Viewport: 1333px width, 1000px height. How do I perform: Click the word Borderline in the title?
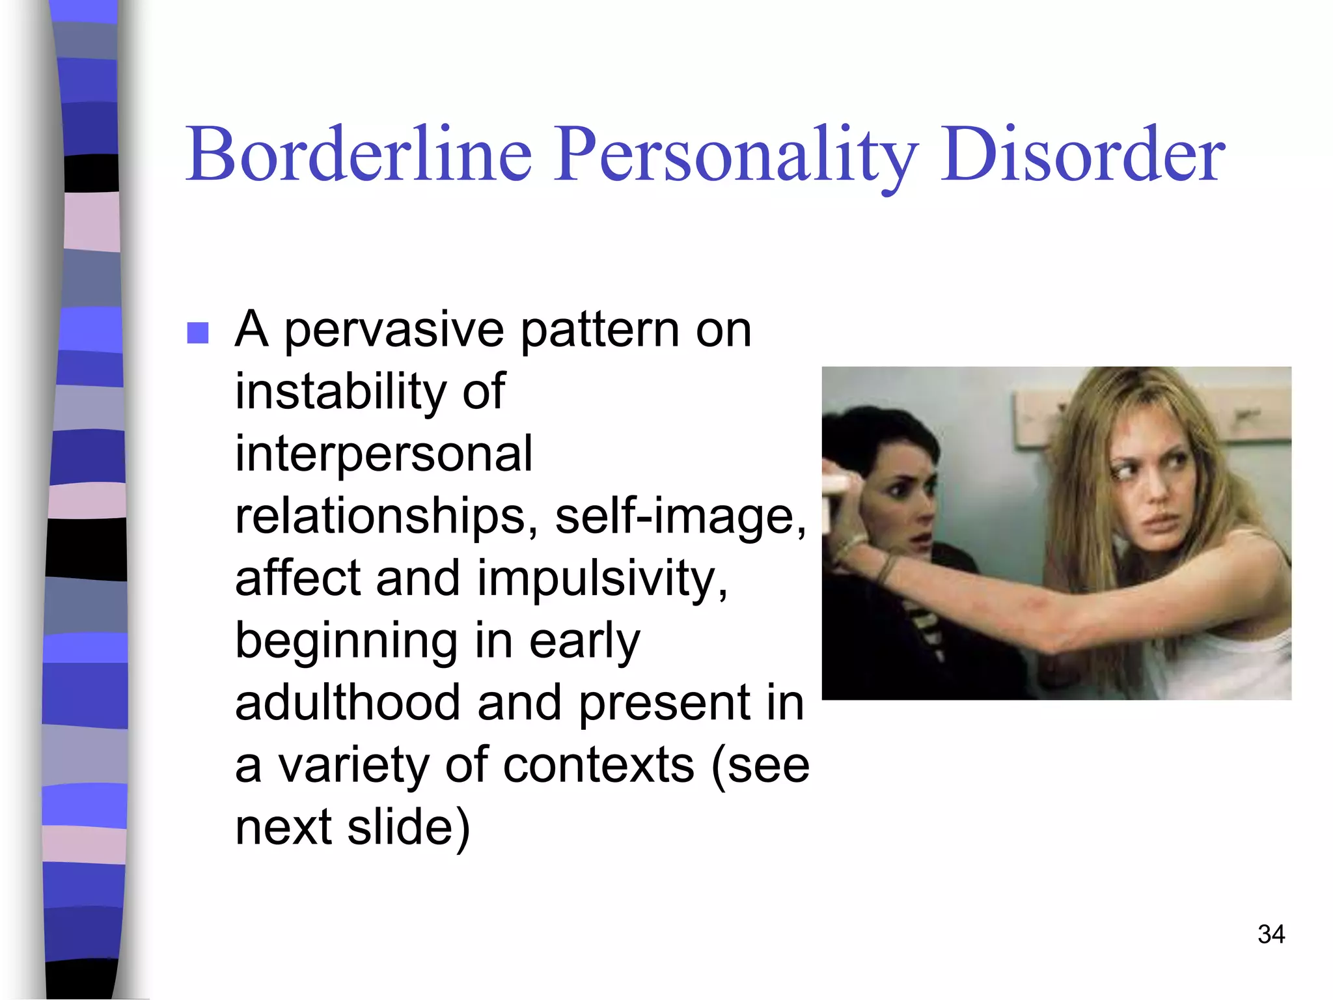pos(359,155)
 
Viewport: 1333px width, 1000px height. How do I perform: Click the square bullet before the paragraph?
pos(198,333)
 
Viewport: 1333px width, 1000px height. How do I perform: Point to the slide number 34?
pos(1271,934)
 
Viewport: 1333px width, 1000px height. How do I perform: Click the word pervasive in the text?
pos(394,331)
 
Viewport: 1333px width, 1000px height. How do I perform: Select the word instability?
pos(340,392)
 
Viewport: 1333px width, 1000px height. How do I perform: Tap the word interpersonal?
pos(383,453)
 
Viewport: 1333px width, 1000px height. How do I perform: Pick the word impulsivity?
pos(602,578)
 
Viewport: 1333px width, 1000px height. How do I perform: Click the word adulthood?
pos(348,702)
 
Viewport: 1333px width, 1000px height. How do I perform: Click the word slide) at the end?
pos(408,827)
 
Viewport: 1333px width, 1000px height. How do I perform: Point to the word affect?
pos(297,578)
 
